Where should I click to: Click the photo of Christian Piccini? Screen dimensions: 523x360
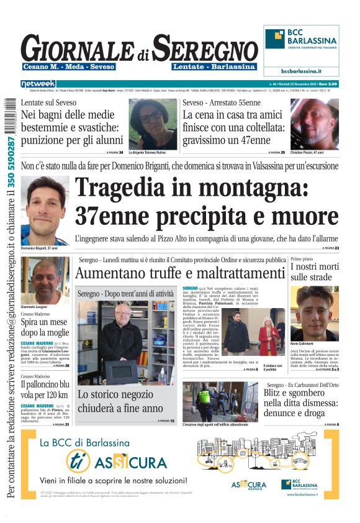pyautogui.click(x=314, y=124)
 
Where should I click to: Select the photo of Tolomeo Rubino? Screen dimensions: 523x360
pyautogui.click(x=153, y=124)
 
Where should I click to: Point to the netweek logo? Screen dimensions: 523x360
pyautogui.click(x=38, y=83)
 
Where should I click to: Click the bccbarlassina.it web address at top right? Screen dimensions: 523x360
pyautogui.click(x=301, y=71)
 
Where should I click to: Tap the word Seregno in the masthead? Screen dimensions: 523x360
pyautogui.click(x=205, y=49)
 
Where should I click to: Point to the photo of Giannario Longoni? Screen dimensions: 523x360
pyautogui.click(x=45, y=280)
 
